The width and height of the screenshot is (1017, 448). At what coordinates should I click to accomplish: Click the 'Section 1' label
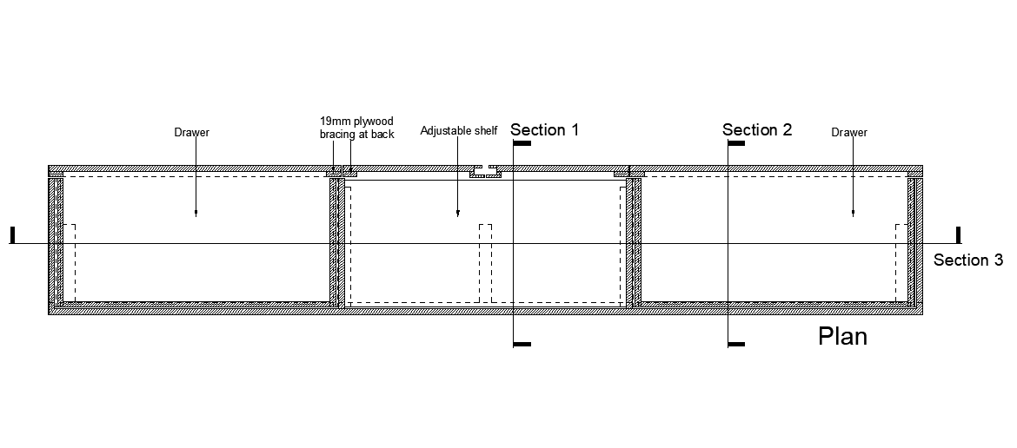pyautogui.click(x=545, y=130)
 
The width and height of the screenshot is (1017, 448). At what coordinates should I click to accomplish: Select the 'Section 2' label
pyautogui.click(x=757, y=130)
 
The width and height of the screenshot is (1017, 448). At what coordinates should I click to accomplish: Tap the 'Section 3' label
pyautogui.click(x=967, y=260)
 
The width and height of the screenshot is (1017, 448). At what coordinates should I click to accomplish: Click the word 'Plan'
pyautogui.click(x=842, y=337)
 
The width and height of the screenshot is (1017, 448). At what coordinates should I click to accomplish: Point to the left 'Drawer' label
pyautogui.click(x=192, y=133)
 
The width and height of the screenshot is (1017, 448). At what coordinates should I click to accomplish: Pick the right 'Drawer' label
pyautogui.click(x=849, y=133)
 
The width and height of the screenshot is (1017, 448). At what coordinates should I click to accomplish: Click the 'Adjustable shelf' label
pyautogui.click(x=459, y=131)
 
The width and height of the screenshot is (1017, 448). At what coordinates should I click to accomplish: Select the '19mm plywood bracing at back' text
pyautogui.click(x=357, y=128)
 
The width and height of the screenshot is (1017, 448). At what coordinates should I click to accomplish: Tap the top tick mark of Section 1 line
pyautogui.click(x=522, y=143)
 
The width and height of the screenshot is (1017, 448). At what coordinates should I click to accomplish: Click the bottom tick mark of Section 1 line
pyautogui.click(x=522, y=345)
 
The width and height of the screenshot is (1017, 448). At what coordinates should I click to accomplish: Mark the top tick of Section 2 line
pyautogui.click(x=736, y=143)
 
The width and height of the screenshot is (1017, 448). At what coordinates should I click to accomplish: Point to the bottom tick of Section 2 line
pyautogui.click(x=736, y=345)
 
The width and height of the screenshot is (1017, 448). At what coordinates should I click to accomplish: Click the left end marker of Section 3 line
pyautogui.click(x=12, y=235)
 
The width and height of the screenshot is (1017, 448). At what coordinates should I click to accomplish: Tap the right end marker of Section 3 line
pyautogui.click(x=958, y=235)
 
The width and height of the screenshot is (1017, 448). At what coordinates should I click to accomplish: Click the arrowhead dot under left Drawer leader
pyautogui.click(x=196, y=213)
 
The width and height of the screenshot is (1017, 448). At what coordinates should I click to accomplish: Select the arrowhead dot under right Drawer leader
pyautogui.click(x=853, y=213)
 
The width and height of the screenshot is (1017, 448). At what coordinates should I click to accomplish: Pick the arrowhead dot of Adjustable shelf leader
pyautogui.click(x=458, y=213)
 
